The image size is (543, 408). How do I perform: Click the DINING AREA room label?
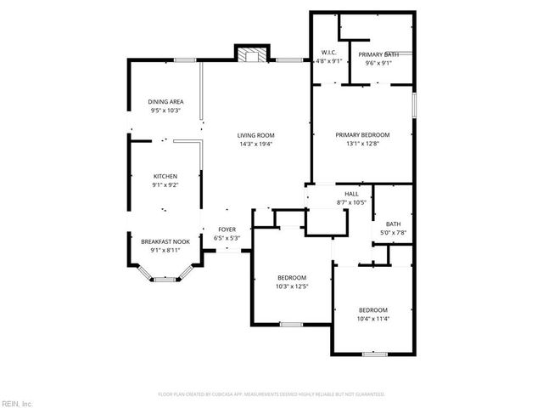click(x=166, y=102)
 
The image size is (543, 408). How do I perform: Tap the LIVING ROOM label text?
click(x=255, y=135)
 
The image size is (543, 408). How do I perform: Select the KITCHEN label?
click(x=165, y=176)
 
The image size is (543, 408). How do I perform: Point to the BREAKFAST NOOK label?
click(x=165, y=242)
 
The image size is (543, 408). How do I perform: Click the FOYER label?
click(x=227, y=229)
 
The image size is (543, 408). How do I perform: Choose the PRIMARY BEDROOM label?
click(x=362, y=135)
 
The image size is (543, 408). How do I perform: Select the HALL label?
click(x=351, y=195)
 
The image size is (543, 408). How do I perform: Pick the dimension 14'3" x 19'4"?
click(x=255, y=144)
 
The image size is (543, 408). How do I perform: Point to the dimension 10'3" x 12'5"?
click(x=292, y=286)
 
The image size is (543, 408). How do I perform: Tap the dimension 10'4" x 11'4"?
click(x=372, y=318)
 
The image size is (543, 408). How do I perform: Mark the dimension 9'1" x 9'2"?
click(x=165, y=184)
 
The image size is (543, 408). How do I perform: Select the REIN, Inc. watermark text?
click(x=16, y=402)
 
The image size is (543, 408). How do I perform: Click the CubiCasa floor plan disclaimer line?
click(x=271, y=394)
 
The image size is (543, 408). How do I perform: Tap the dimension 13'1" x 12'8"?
click(x=362, y=144)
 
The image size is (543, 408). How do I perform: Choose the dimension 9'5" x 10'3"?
click(x=166, y=110)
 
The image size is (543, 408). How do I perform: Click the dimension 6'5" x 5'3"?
click(x=227, y=238)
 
